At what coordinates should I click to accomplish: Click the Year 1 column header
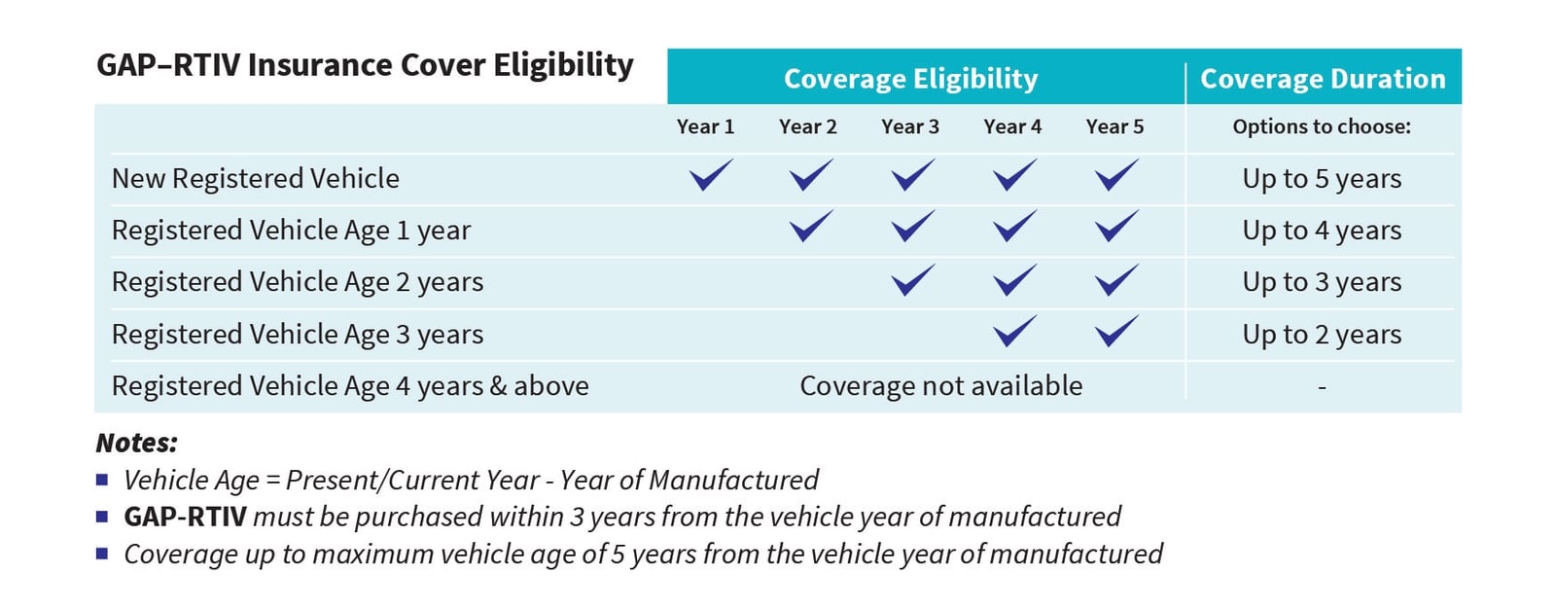coord(705,126)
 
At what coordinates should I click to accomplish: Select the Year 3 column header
coord(909,126)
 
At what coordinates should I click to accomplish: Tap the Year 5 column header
coord(1114,126)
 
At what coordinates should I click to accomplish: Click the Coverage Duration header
coord(1323,79)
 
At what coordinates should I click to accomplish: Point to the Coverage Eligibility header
coord(910,79)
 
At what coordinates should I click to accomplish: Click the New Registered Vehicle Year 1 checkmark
coord(710,176)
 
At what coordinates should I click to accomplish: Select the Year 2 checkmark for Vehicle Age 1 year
coord(811,228)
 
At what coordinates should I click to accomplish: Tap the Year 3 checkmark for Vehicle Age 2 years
coord(912,280)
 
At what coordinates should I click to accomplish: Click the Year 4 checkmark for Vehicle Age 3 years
coord(1014,332)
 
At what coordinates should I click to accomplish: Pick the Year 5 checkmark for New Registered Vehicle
coord(1115,176)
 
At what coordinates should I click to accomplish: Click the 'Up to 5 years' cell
coord(1322,179)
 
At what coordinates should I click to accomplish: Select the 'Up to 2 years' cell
coord(1322,335)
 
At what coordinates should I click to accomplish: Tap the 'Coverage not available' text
coord(940,386)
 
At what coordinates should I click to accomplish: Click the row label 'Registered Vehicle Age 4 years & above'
coord(350,386)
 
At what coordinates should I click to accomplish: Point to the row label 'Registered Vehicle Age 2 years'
coord(297,282)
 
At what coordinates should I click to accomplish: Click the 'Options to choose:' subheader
coord(1322,126)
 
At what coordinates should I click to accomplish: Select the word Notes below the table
coord(136,444)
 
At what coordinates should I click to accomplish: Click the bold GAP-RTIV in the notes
coord(185,517)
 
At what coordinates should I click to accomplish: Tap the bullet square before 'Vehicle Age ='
coord(102,480)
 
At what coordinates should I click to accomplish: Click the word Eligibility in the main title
coord(563,65)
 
